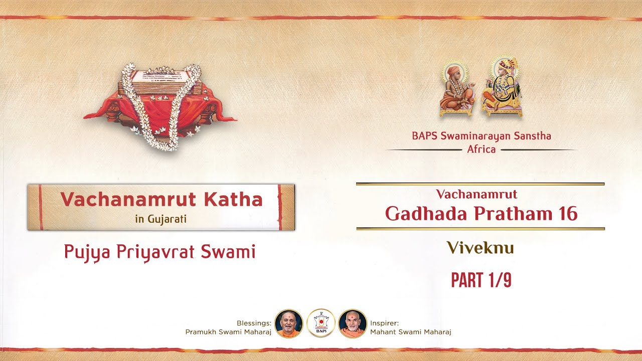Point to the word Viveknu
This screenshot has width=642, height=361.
480,248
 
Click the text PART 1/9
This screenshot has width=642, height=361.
480,280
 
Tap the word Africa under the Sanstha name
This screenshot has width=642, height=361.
481,149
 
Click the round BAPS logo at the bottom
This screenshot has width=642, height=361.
321,323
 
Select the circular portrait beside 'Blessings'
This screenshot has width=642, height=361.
288,323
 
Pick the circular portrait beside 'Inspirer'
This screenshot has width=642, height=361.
353,323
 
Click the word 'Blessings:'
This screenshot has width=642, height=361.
254,323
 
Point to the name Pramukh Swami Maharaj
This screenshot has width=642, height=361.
228,331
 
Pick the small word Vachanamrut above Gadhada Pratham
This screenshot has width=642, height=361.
476,194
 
